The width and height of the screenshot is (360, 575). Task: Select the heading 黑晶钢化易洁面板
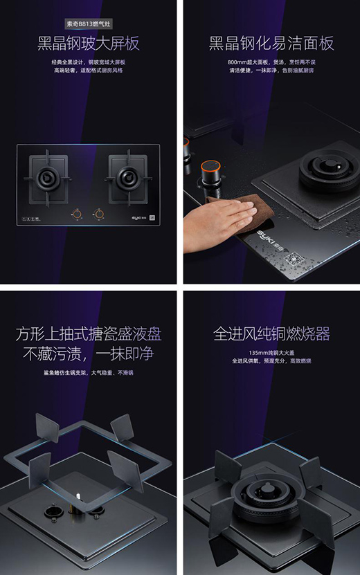tap(271, 45)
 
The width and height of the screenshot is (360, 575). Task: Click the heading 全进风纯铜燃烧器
tap(271, 334)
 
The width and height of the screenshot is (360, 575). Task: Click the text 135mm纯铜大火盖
tap(271, 352)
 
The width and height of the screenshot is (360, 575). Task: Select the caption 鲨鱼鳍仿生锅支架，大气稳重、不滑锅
tap(88, 373)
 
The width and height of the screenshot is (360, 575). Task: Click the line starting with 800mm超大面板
tap(271, 62)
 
